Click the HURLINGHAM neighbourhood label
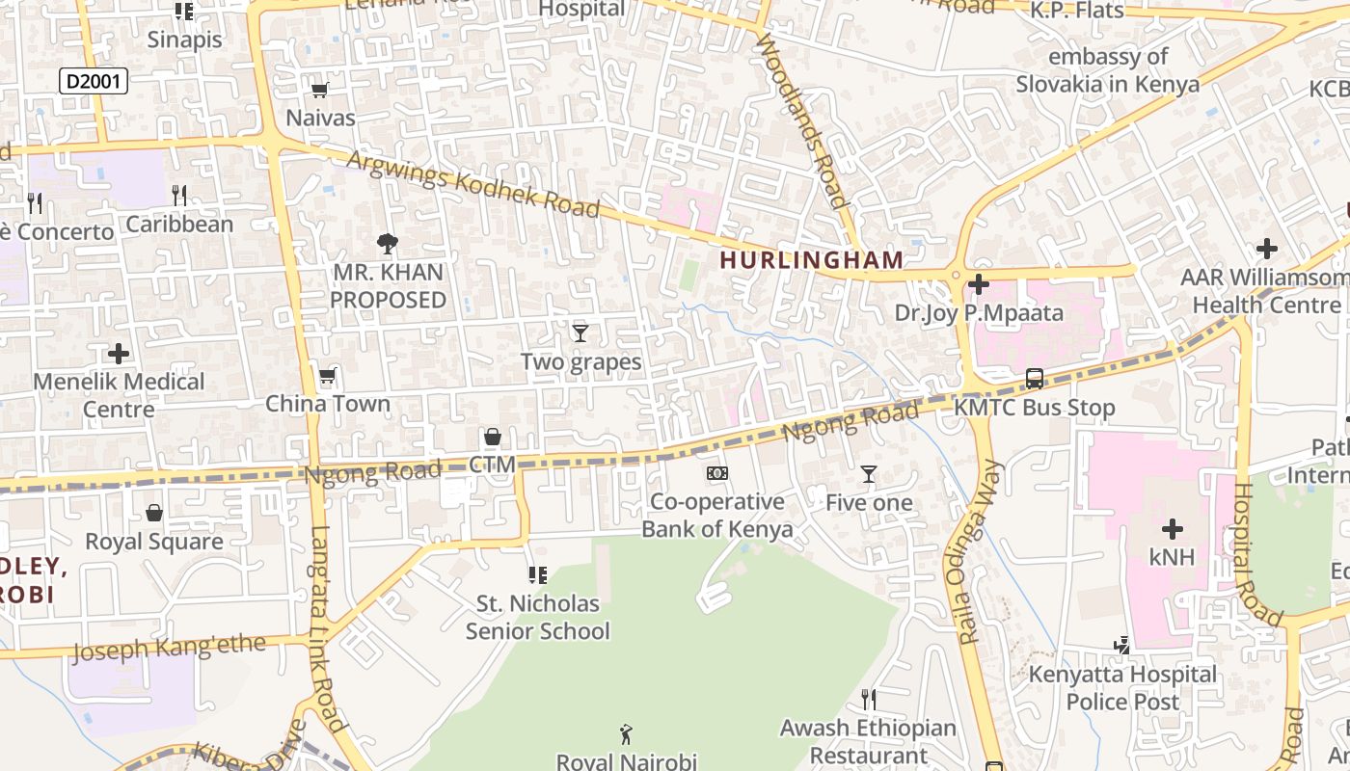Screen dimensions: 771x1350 pos(811,260)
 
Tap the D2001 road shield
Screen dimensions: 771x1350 pos(94,81)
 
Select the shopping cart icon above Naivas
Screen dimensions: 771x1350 pos(320,91)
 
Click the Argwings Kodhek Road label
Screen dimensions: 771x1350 pos(472,183)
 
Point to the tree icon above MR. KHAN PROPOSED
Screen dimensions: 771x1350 pos(388,244)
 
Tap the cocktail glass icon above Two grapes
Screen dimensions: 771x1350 pos(580,333)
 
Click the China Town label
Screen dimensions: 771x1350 pos(328,404)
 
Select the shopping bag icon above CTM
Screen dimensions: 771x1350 pos(492,438)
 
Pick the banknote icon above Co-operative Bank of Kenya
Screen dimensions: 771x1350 pos(717,473)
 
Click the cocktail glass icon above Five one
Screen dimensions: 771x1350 pos(869,474)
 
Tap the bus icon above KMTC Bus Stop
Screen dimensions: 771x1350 pos(1035,379)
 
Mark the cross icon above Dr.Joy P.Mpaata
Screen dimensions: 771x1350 pos(979,284)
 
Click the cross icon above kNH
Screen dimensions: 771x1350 pos(1173,528)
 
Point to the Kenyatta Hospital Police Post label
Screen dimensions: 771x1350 pos(1122,688)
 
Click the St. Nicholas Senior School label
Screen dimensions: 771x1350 pos(538,618)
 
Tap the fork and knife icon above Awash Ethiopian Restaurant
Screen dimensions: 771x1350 pos(869,699)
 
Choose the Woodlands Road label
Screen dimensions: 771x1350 pos(802,120)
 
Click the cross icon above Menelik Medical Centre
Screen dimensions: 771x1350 pos(119,354)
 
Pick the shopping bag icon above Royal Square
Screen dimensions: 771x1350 pos(154,513)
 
